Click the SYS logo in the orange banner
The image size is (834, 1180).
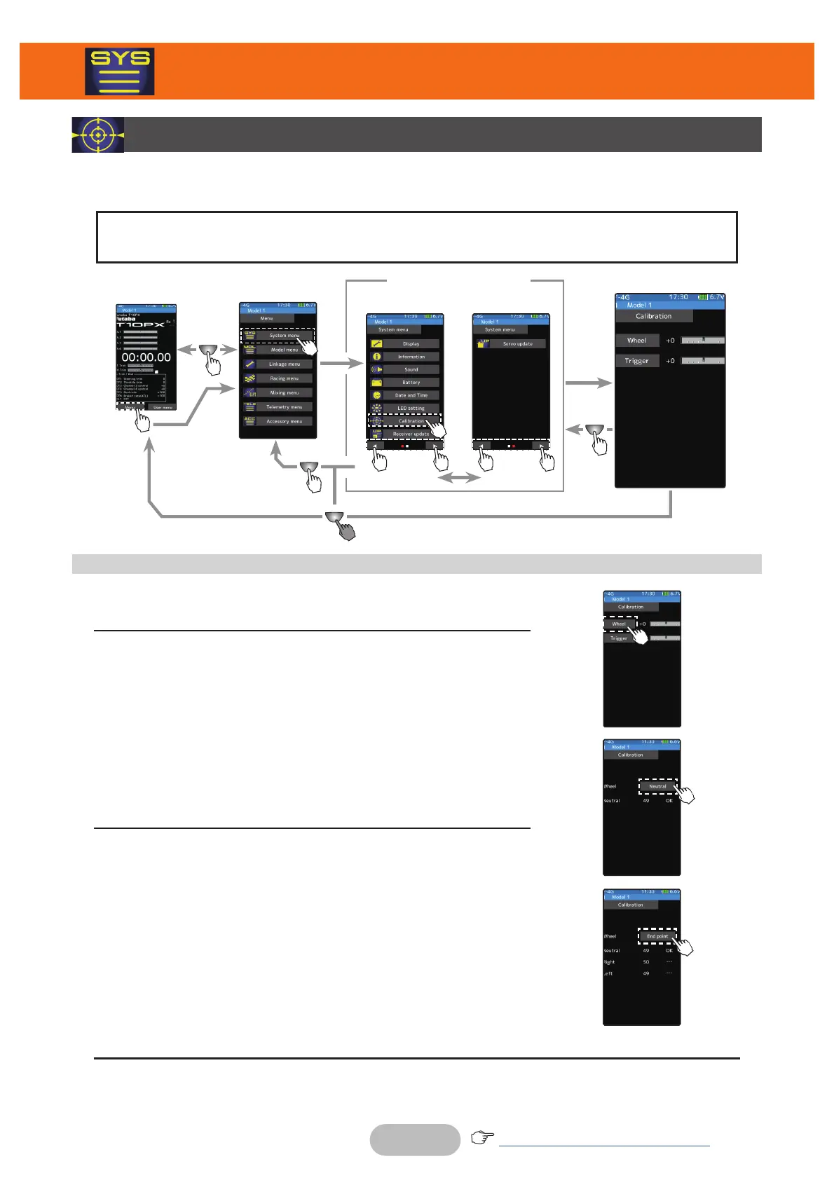(120, 71)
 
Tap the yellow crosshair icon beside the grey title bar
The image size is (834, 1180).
(98, 135)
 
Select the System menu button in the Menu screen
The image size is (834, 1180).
(284, 336)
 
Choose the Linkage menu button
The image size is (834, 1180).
(284, 364)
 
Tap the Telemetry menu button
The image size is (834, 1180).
(284, 407)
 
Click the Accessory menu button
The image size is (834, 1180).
(284, 421)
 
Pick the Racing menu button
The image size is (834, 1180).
(284, 378)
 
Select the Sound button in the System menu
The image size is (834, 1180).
(411, 369)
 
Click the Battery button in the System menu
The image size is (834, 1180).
(411, 383)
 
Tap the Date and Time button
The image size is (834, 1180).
(411, 395)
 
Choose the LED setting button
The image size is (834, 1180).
(411, 408)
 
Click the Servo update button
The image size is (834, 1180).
(517, 344)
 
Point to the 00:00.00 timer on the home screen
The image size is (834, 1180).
(146, 357)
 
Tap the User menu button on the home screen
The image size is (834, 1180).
(163, 407)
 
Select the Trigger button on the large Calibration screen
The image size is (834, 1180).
(637, 361)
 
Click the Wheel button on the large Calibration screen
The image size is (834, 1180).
(637, 341)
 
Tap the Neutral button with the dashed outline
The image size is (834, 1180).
(657, 786)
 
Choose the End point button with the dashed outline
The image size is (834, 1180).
(657, 936)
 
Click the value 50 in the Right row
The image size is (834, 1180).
(646, 962)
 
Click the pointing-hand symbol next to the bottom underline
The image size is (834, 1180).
(482, 1137)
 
